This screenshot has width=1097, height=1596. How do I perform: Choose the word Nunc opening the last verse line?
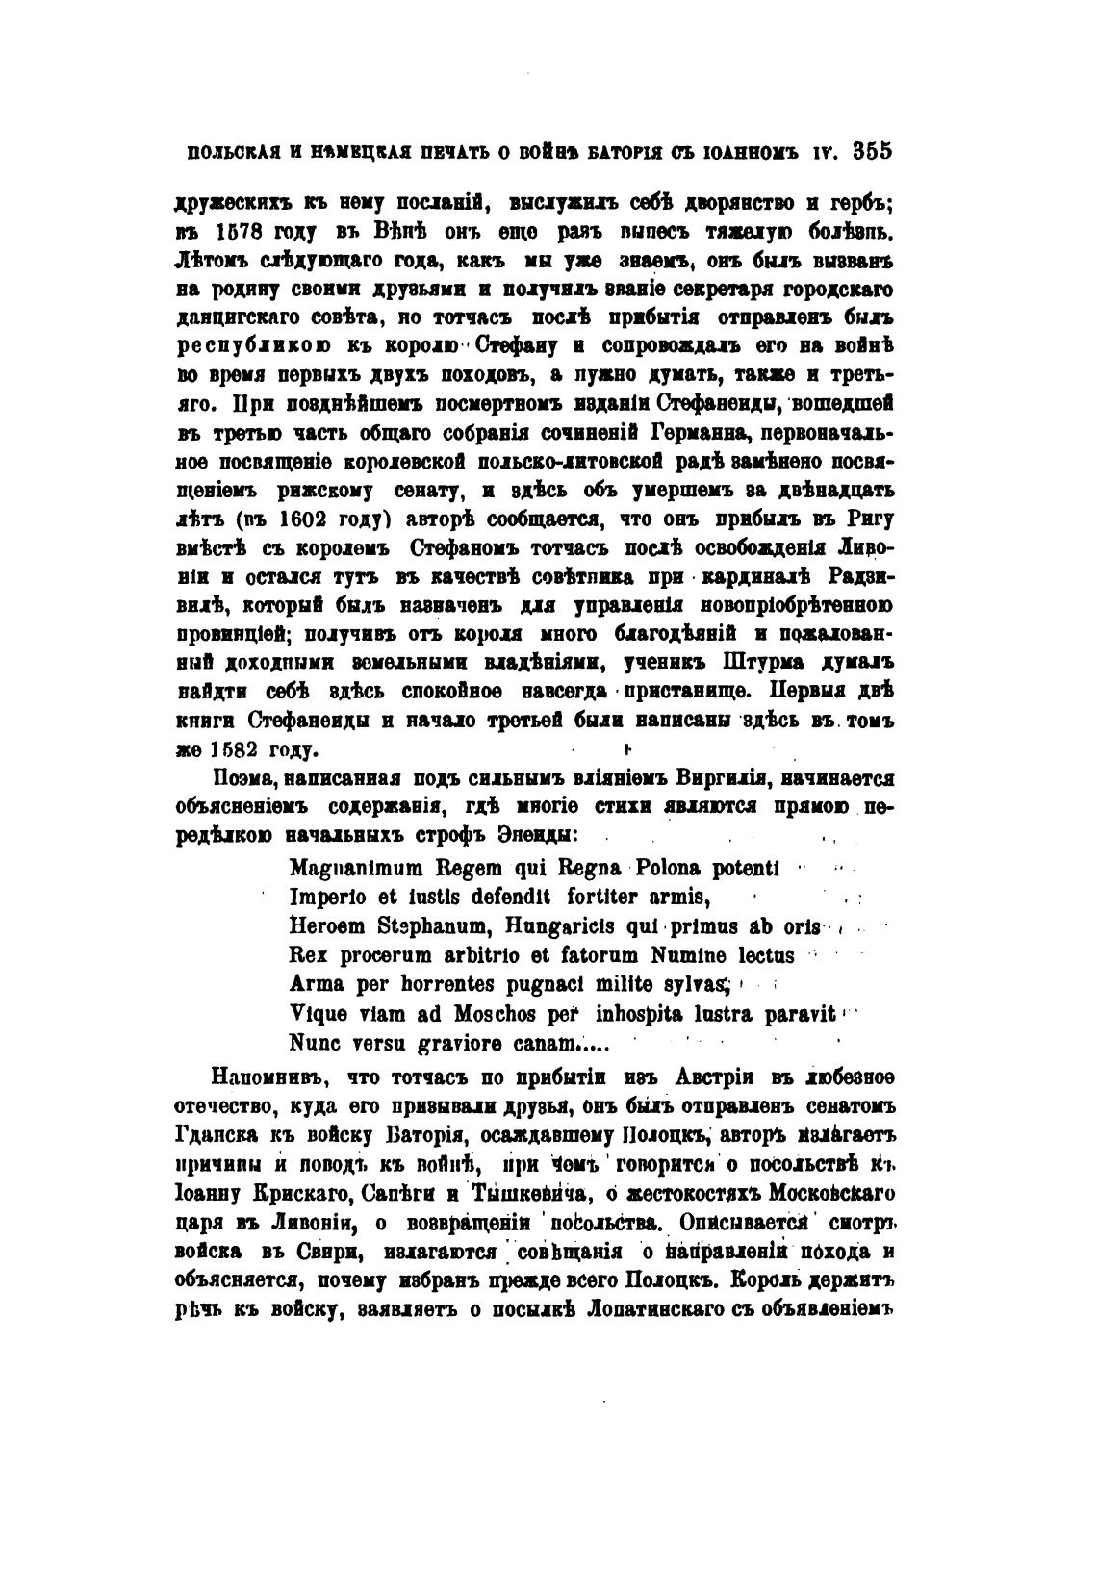311,1042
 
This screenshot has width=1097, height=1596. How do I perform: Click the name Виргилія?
714,779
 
